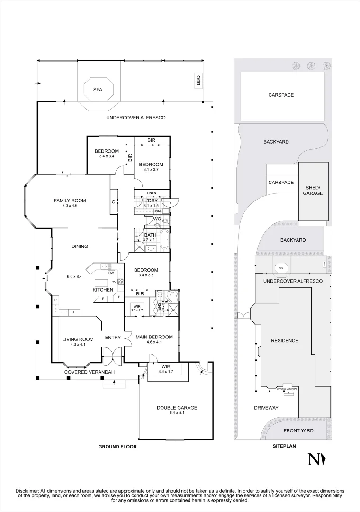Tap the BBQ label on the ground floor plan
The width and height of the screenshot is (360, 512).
pyautogui.click(x=198, y=81)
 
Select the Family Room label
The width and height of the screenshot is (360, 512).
pyautogui.click(x=70, y=201)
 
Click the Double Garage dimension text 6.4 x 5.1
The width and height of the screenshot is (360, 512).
pyautogui.click(x=177, y=413)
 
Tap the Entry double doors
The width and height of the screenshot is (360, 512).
pyautogui.click(x=113, y=355)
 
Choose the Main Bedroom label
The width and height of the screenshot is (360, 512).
pyautogui.click(x=154, y=337)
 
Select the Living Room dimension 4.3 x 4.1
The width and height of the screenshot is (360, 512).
pyautogui.click(x=78, y=345)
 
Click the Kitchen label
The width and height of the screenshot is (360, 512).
pyautogui.click(x=103, y=290)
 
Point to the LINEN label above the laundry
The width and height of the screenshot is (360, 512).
pyautogui.click(x=152, y=193)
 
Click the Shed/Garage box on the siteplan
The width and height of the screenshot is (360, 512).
pyautogui.click(x=313, y=191)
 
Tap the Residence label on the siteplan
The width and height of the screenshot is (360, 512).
pyautogui.click(x=284, y=341)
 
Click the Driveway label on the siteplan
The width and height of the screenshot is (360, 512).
pyautogui.click(x=266, y=408)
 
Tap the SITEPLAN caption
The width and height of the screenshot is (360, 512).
pyautogui.click(x=284, y=447)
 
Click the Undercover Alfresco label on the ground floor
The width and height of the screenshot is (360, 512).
pyautogui.click(x=135, y=118)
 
